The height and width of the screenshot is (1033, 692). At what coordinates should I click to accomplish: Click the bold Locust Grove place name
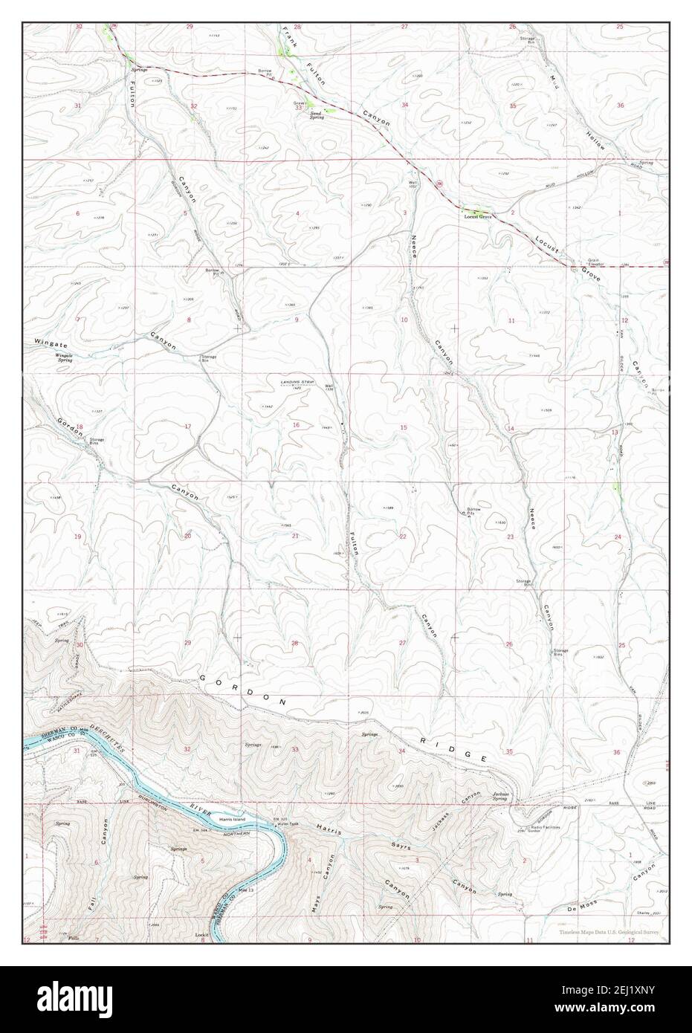point(478,216)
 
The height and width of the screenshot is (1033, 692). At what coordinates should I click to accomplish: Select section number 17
point(188,426)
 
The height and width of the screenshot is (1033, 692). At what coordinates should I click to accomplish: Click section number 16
point(295,425)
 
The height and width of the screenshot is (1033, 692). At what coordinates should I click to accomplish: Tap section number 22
point(403,536)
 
